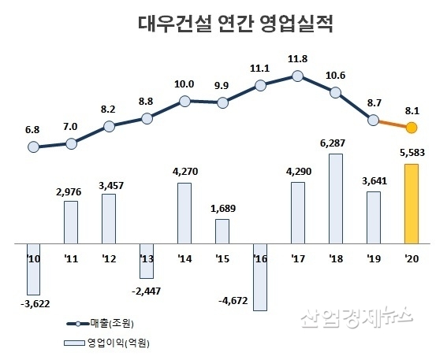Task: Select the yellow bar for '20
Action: pyautogui.click(x=411, y=203)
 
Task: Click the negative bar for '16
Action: pyautogui.click(x=259, y=276)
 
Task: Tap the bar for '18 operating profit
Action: pyautogui.click(x=335, y=198)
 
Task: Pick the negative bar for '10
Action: pyautogui.click(x=32, y=269)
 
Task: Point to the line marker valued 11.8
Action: pyautogui.click(x=297, y=76)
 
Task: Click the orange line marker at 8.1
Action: pyautogui.click(x=411, y=128)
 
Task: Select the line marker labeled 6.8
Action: pyautogui.click(x=32, y=147)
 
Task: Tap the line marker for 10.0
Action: pyautogui.click(x=184, y=100)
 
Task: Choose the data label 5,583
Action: pyautogui.click(x=411, y=153)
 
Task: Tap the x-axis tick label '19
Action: pyautogui.click(x=374, y=257)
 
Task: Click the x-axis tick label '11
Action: pyautogui.click(x=70, y=257)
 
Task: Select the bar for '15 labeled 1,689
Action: pyautogui.click(x=222, y=231)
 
